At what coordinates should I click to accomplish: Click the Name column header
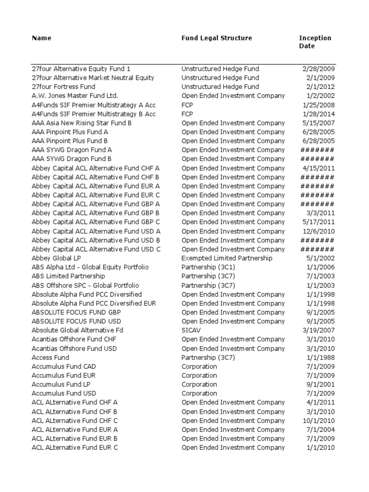41,38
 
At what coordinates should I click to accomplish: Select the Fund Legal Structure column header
216,38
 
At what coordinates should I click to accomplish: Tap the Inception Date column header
315,42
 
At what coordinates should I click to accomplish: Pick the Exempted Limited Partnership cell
227,258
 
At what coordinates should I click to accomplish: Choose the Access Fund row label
50,357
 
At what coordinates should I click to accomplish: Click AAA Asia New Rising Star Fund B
82,123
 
